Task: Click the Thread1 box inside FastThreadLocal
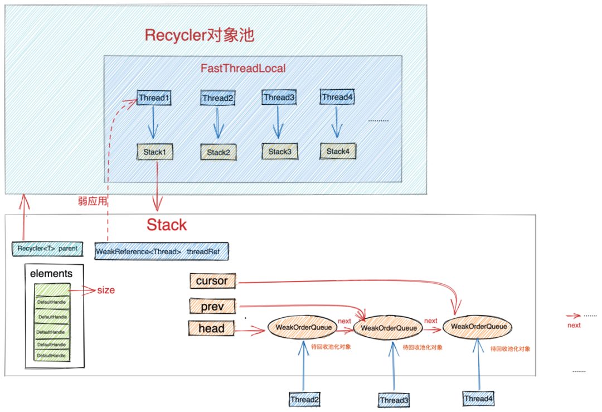pyautogui.click(x=154, y=98)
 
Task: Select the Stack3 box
pyautogui.click(x=279, y=152)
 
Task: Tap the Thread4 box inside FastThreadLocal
pyautogui.click(x=337, y=97)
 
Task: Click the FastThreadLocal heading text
pyautogui.click(x=243, y=69)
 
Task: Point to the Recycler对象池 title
pyautogui.click(x=199, y=35)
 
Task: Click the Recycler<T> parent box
pyautogui.click(x=47, y=249)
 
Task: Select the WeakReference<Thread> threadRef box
pyautogui.click(x=162, y=251)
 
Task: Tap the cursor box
pyautogui.click(x=212, y=281)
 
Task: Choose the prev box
pyautogui.click(x=212, y=307)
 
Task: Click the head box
pyautogui.click(x=211, y=328)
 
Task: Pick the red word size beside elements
pyautogui.click(x=106, y=290)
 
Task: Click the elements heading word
pyautogui.click(x=51, y=273)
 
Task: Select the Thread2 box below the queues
pyautogui.click(x=304, y=399)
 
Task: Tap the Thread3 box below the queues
pyautogui.click(x=394, y=400)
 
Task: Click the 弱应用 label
pyautogui.click(x=92, y=201)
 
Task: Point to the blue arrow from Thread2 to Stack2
pyautogui.click(x=218, y=123)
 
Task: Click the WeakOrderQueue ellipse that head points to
pyautogui.click(x=303, y=327)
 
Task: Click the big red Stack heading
pyautogui.click(x=167, y=225)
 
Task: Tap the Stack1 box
pyautogui.click(x=155, y=152)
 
